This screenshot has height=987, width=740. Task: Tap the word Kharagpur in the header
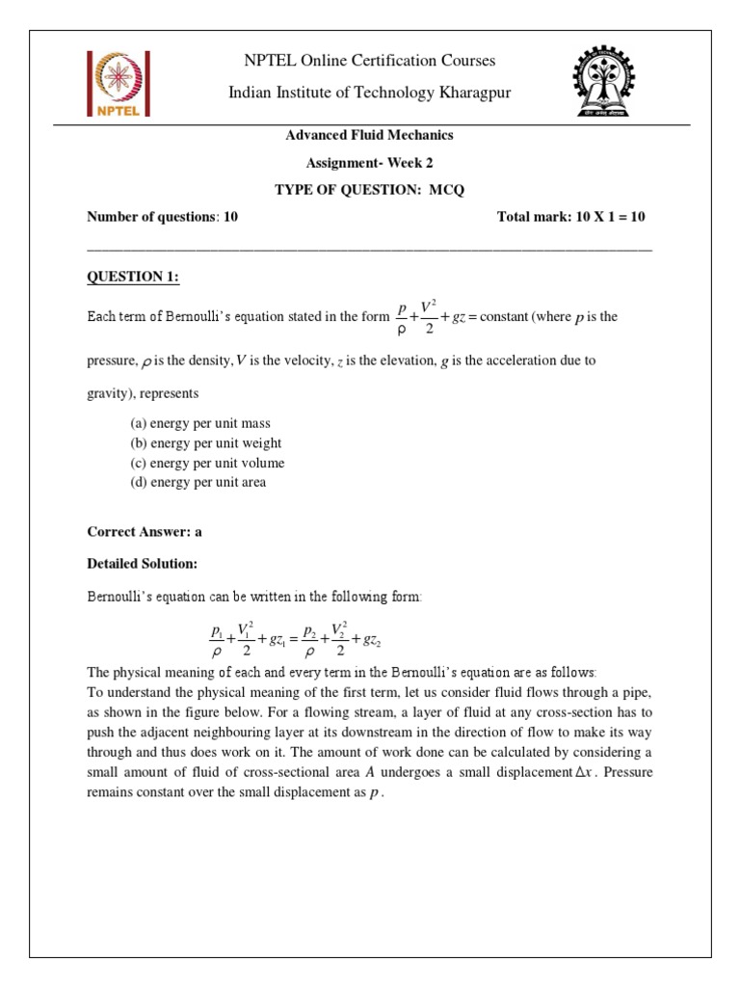pos(464,92)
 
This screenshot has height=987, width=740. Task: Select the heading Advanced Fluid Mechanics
pos(369,135)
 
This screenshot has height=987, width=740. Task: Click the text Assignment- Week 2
pos(369,162)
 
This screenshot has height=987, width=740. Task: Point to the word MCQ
pos(446,189)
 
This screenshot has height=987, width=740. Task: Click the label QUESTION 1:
pos(133,278)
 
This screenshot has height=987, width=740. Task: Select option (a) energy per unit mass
pos(200,424)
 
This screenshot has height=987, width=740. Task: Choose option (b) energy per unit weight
pos(206,443)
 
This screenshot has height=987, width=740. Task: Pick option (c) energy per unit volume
pos(207,463)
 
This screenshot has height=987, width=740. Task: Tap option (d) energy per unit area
pos(198,482)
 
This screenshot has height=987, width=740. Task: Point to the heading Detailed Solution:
pos(143,563)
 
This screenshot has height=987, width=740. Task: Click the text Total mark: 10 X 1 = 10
pos(570,217)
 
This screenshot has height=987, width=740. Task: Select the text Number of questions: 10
pos(163,217)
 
